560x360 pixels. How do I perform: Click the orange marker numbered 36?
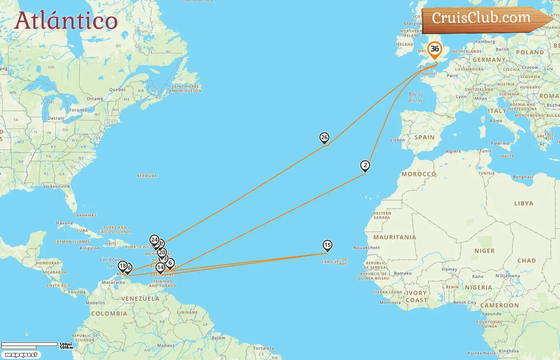coord(434,50)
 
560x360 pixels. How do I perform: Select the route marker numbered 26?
coord(324,138)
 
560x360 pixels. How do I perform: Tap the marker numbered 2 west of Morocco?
coord(365,165)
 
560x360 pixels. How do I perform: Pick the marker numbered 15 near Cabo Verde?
coord(327,245)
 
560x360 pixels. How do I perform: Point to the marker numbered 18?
coord(123,266)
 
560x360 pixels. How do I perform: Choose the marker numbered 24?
coord(154,240)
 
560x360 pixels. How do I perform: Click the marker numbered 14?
coord(160,267)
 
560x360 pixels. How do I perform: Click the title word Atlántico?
coord(66,21)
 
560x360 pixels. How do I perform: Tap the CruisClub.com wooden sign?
coord(482,18)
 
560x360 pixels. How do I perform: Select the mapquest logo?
coord(21,355)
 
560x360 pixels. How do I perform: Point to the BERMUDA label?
coord(147,176)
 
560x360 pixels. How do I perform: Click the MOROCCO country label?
coord(418,174)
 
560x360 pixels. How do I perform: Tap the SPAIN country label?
coord(424,137)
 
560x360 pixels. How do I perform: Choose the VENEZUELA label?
coord(140,299)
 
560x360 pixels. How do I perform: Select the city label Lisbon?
coord(398,140)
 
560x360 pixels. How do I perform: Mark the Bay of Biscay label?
coord(416,97)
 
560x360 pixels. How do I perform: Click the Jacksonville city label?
coord(56,186)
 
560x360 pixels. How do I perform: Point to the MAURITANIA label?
coord(394,237)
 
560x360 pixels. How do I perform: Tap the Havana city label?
coord(64,223)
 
